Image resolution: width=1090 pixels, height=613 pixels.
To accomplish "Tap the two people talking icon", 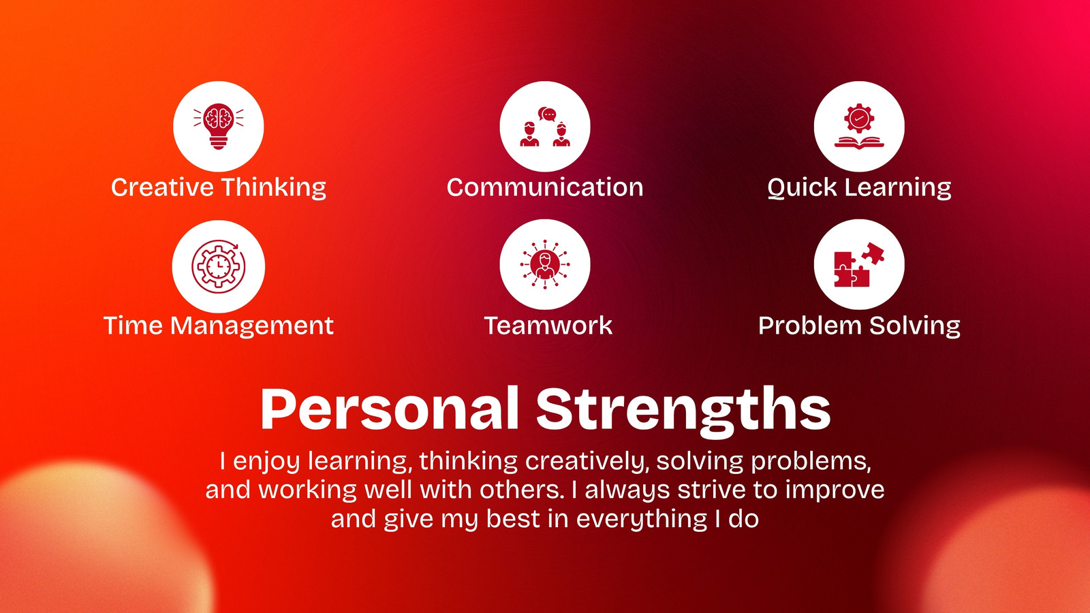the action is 545,127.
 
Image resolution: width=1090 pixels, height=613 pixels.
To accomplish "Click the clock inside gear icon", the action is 219,266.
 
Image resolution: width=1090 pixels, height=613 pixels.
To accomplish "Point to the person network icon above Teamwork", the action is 545,264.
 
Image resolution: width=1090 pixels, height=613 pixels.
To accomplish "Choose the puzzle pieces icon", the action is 859,265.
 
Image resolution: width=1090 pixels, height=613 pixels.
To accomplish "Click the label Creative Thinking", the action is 219,188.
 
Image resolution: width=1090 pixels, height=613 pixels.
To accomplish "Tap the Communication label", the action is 545,187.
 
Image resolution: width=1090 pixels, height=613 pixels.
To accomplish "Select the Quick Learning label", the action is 859,188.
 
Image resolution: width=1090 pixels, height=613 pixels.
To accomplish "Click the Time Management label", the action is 219,326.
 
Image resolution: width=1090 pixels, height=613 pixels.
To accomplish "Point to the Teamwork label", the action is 548,326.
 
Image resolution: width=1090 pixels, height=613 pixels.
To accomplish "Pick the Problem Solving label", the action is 859,326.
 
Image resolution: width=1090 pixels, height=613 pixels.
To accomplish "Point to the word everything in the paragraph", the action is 641,519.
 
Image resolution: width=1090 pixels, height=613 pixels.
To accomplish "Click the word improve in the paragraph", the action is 835,490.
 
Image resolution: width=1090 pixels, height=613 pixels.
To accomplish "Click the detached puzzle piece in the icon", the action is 873,253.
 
